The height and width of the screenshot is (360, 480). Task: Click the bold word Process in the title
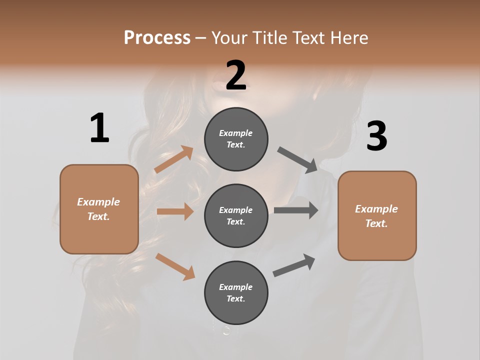(157, 38)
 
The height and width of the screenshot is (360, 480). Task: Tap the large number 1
(99, 128)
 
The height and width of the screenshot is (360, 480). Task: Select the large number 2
(236, 75)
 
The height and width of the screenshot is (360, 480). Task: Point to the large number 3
(376, 136)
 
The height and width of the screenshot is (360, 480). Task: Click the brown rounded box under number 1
(99, 209)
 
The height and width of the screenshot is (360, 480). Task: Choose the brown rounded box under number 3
(377, 215)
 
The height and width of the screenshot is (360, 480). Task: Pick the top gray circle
(236, 139)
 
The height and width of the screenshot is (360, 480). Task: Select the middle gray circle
(236, 215)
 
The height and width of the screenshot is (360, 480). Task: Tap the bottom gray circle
(236, 292)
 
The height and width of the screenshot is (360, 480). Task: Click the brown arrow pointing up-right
(173, 159)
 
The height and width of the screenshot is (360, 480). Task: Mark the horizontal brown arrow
(174, 211)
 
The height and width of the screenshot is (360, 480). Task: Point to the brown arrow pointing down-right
(175, 266)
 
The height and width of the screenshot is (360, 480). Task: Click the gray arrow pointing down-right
(297, 159)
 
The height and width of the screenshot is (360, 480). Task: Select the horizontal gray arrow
(295, 210)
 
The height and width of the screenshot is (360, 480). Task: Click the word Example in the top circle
(236, 133)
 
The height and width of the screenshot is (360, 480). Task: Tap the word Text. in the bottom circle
(236, 298)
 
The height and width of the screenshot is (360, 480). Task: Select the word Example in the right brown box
(376, 209)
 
